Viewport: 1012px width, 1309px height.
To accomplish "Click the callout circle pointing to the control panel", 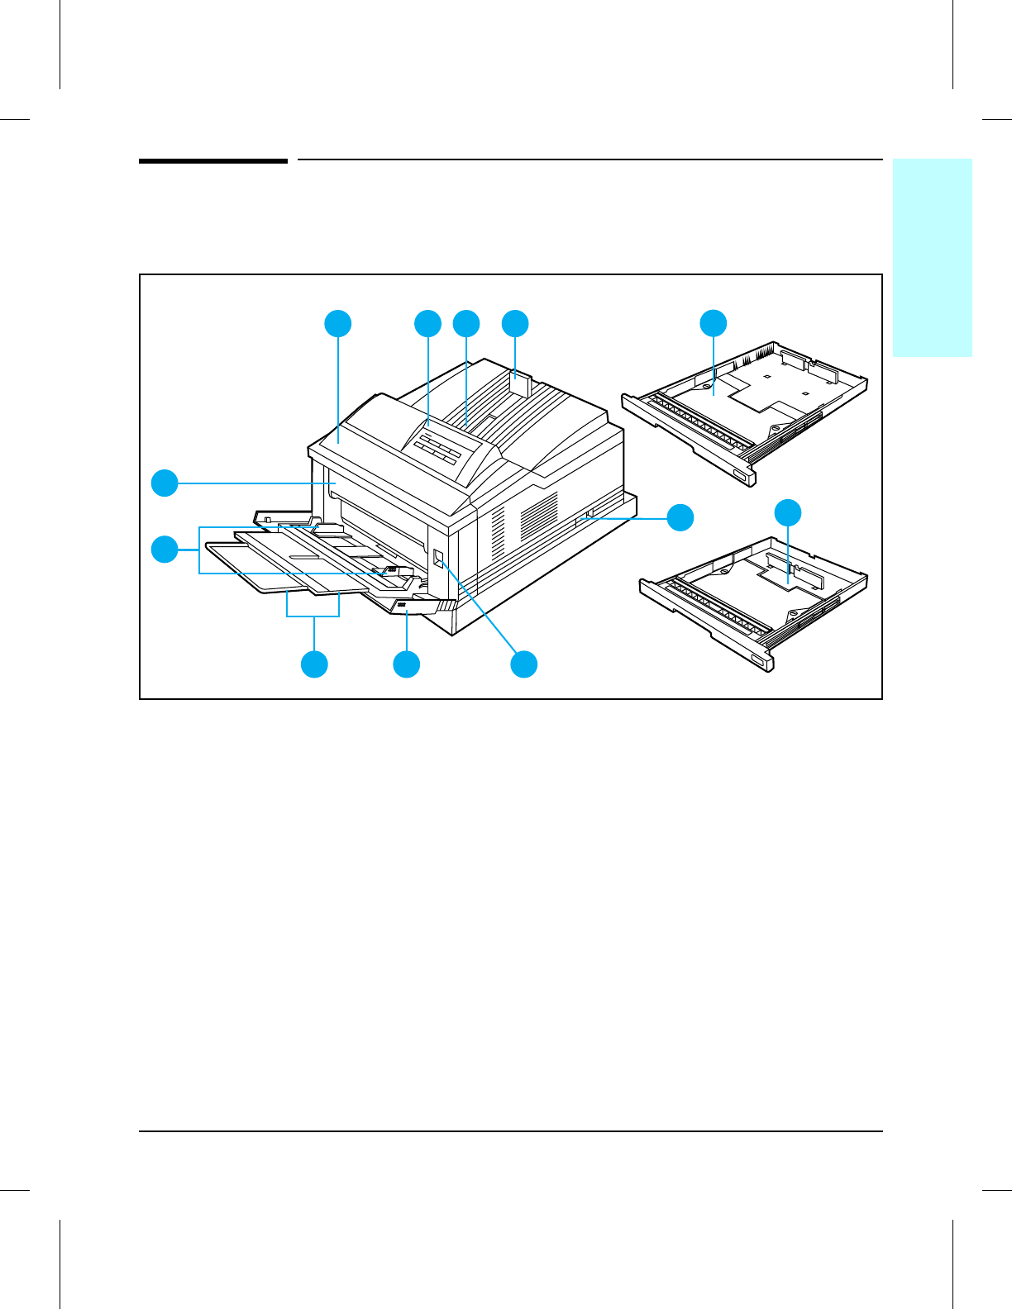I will click(427, 323).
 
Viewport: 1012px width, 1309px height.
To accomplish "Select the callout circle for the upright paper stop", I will click(515, 323).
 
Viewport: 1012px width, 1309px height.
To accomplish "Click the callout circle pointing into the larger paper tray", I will click(714, 323).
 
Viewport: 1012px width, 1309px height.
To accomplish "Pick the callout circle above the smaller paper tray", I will click(788, 512).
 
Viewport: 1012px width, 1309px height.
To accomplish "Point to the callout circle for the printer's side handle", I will click(680, 517).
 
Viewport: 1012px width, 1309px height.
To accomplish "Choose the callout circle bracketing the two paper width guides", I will click(165, 549).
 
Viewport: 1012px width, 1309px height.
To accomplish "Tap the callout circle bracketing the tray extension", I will click(314, 664).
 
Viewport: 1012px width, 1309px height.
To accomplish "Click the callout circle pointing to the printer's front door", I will click(165, 483).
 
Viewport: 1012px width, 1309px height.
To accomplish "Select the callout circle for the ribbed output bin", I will click(466, 323).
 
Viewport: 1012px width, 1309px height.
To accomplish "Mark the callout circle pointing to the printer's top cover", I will click(337, 323).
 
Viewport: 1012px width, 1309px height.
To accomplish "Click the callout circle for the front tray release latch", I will click(406, 664).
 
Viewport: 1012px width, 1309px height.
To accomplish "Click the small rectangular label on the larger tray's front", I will click(738, 474).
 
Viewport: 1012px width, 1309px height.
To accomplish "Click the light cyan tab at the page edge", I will click(932, 257).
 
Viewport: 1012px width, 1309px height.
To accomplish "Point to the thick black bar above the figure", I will click(212, 160).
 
